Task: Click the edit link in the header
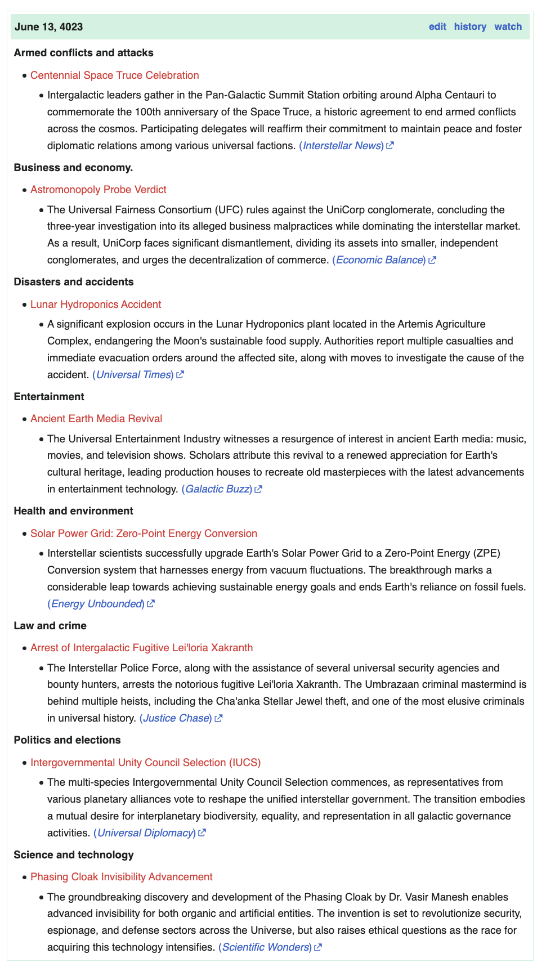click(437, 26)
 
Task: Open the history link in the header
click(470, 26)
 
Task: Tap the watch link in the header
click(508, 26)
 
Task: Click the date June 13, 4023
click(49, 27)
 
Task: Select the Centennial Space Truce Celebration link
click(115, 75)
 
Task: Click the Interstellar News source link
click(342, 146)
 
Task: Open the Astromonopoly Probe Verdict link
click(99, 190)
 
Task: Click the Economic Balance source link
click(379, 260)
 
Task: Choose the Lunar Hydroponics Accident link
click(96, 305)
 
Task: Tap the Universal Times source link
click(133, 375)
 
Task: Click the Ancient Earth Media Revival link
click(96, 419)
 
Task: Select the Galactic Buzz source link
click(217, 489)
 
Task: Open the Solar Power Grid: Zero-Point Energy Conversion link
click(144, 534)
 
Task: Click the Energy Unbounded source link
click(96, 604)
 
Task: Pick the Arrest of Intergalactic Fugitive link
click(141, 648)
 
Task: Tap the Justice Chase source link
click(176, 718)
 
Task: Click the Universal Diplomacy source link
click(145, 833)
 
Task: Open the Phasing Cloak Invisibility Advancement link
click(122, 877)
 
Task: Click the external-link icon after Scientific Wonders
click(318, 947)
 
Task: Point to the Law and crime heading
click(50, 626)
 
